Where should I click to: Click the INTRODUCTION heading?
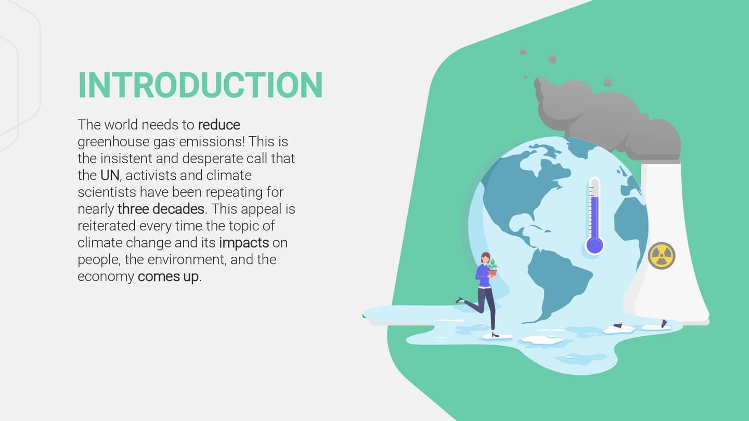click(200, 85)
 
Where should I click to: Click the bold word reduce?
click(219, 125)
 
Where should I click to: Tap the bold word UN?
click(110, 175)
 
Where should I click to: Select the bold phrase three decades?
click(161, 209)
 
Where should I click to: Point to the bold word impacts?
click(244, 243)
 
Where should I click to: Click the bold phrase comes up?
click(168, 277)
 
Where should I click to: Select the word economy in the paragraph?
click(106, 277)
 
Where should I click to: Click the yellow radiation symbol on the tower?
click(662, 256)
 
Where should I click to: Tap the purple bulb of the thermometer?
click(594, 245)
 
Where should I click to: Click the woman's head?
click(485, 258)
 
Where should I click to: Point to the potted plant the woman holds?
click(492, 268)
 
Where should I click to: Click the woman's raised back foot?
click(460, 300)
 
